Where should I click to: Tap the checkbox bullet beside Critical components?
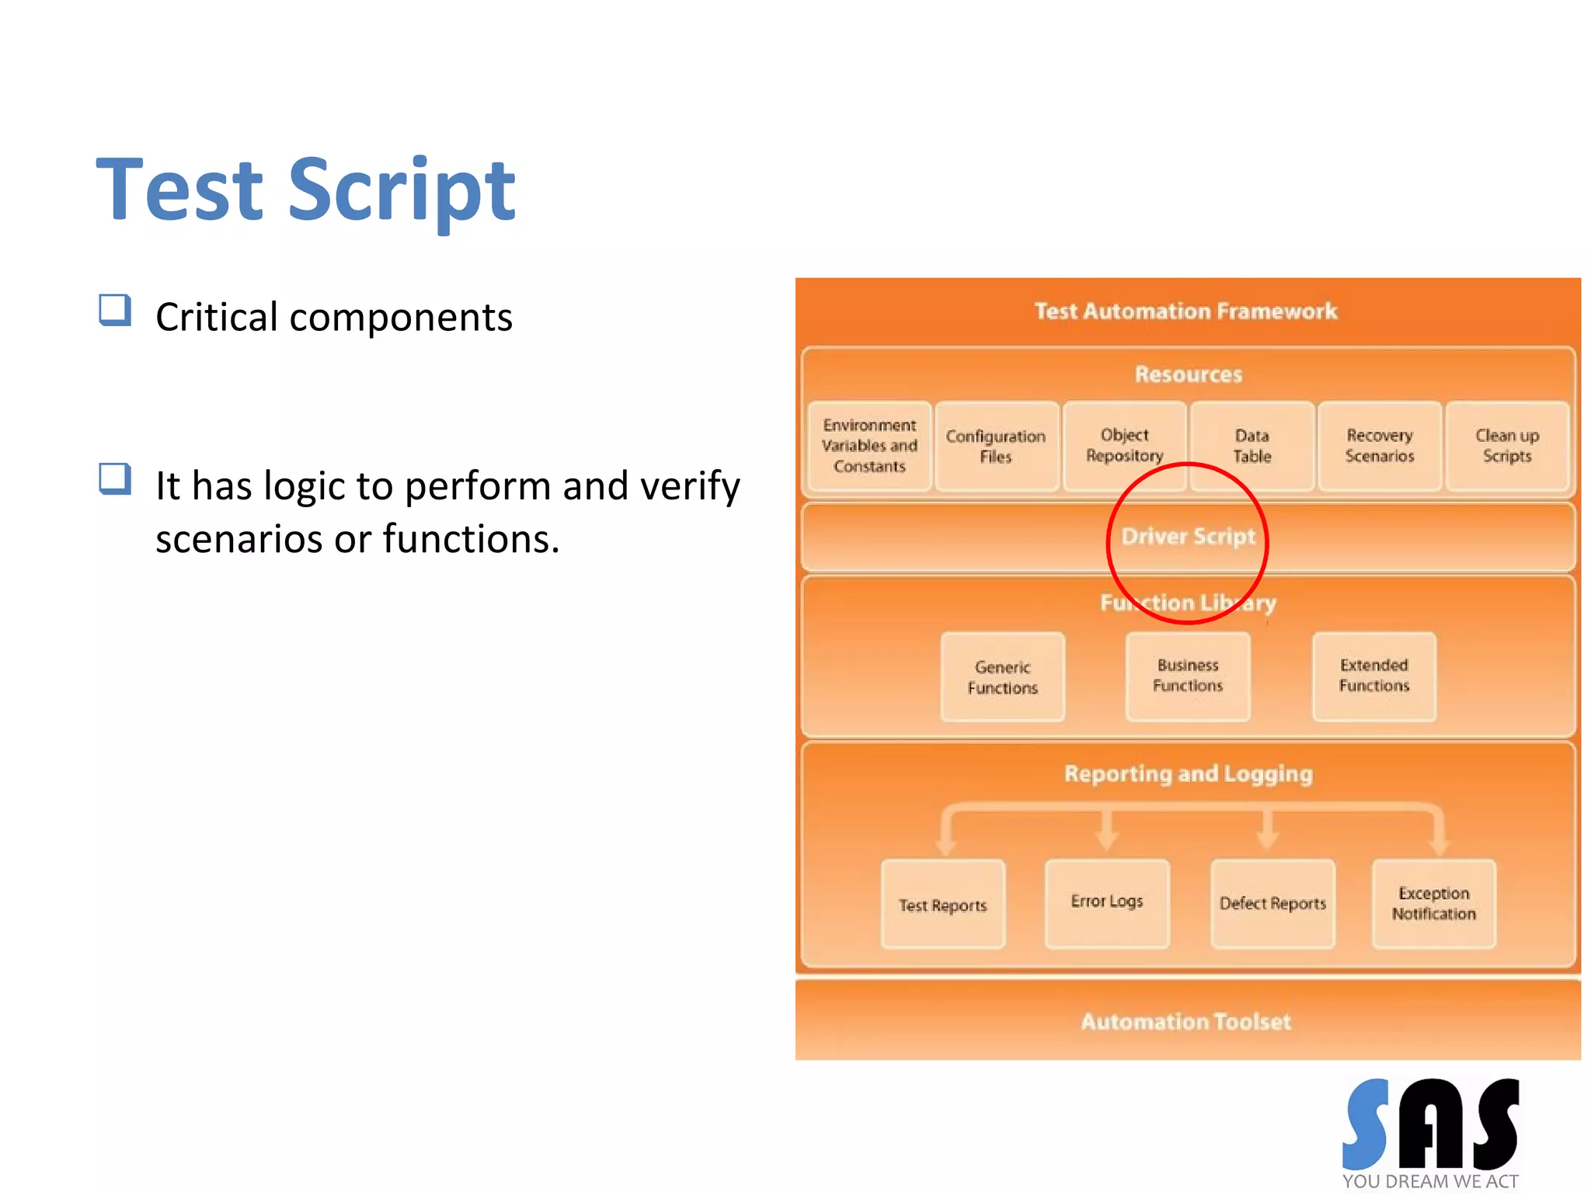[x=115, y=310]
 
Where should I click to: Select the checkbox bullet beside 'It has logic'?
[x=115, y=478]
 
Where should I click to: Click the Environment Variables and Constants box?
[x=869, y=446]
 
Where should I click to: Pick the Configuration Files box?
[x=996, y=446]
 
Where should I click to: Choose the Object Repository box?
[x=1124, y=445]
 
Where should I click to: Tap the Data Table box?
[x=1252, y=446]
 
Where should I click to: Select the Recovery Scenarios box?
[x=1379, y=446]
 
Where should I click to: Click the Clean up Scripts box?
[x=1506, y=446]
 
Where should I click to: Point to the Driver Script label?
[x=1188, y=537]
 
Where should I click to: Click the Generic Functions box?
[x=1002, y=677]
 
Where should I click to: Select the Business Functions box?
[x=1187, y=676]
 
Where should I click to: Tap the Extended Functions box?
[x=1373, y=676]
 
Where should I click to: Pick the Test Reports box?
[x=942, y=904]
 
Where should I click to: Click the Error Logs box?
[x=1106, y=903]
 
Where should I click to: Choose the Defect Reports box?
[x=1272, y=903]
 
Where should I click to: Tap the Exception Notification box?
[x=1433, y=903]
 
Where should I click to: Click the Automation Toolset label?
[x=1185, y=1021]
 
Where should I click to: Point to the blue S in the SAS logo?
[x=1366, y=1124]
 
